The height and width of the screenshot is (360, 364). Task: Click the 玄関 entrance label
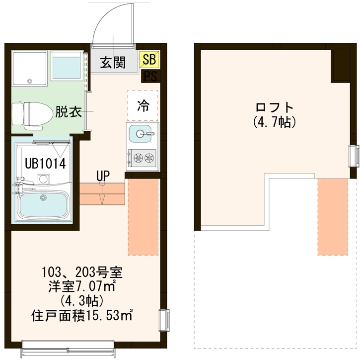click(112, 63)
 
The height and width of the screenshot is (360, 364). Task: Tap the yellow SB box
click(149, 60)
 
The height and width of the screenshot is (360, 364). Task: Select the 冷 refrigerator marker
click(143, 105)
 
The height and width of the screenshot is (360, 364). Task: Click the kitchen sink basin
click(142, 133)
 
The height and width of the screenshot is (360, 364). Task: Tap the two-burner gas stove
click(143, 159)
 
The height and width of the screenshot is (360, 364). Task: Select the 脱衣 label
click(68, 112)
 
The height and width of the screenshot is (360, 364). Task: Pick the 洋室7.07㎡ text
click(82, 286)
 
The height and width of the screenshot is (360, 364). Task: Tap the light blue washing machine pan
click(66, 66)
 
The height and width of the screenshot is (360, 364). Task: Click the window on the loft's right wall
click(354, 156)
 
